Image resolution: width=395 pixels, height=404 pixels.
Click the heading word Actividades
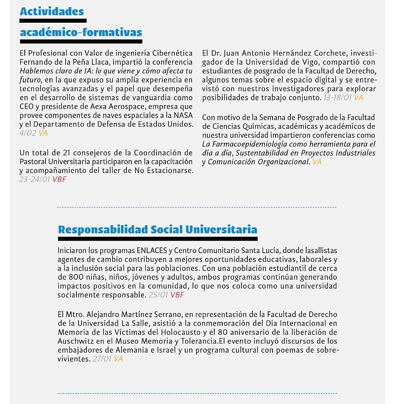point(52,11)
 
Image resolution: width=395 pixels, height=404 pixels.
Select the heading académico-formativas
point(81,33)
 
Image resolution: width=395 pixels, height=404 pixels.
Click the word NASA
point(183,115)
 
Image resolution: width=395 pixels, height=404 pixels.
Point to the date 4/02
point(28,133)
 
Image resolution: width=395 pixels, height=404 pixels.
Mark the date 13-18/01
point(337,98)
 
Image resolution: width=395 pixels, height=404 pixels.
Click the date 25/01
point(158,295)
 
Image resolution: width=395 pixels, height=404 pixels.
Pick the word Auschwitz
point(77,341)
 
